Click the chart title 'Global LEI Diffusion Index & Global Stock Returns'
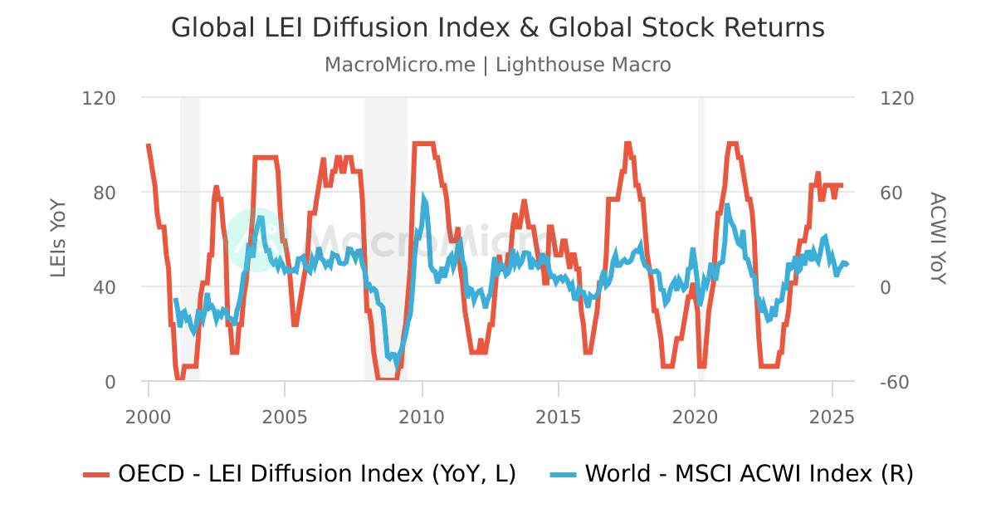pos(498,27)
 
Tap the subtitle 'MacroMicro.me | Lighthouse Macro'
pos(498,65)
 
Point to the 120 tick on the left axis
pos(99,98)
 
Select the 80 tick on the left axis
pos(104,193)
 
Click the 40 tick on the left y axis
pos(104,287)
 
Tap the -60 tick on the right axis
pos(897,382)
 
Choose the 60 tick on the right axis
pos(896,193)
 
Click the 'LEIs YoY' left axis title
pos(58,240)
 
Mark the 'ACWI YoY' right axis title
pos(937,239)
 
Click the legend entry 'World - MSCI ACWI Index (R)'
pos(749,474)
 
